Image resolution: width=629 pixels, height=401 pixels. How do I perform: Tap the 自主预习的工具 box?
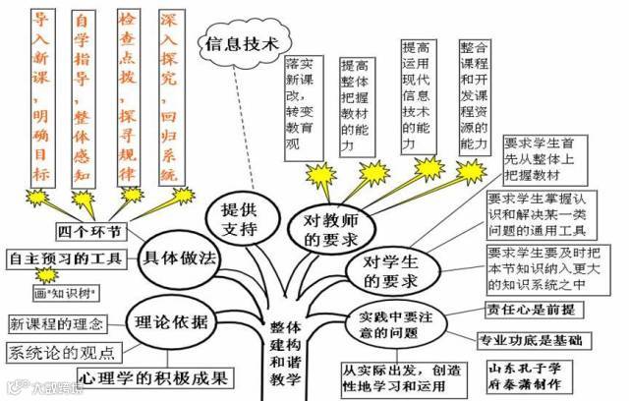click(65, 259)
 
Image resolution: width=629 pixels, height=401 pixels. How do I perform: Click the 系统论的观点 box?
click(61, 351)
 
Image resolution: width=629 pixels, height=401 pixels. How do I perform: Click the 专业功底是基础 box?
click(530, 341)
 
